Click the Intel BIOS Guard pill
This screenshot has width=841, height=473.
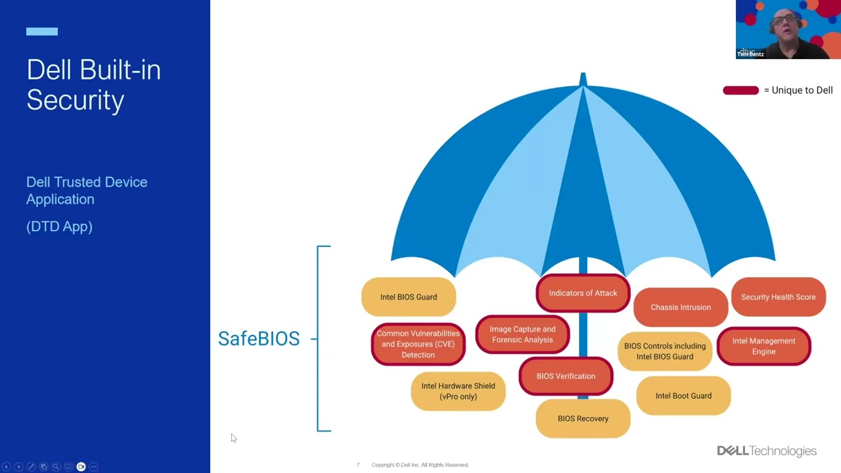(408, 297)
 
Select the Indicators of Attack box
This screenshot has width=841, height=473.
(583, 293)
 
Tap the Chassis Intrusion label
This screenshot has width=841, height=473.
(681, 307)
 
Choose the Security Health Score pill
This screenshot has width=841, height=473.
(778, 297)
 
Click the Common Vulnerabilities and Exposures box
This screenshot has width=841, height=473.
(418, 344)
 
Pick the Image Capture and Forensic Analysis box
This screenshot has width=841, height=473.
(522, 334)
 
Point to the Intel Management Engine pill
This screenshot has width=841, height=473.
(763, 346)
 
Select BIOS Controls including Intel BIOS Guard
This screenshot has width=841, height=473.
(664, 351)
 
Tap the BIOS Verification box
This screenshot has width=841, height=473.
(566, 376)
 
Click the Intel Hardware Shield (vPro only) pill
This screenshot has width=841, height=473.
(458, 392)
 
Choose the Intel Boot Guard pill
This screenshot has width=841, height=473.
(683, 395)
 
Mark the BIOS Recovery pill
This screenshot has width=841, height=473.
(583, 418)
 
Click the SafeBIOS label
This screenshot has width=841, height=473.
(259, 338)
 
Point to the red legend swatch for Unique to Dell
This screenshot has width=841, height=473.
(740, 91)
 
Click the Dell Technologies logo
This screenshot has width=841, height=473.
(766, 451)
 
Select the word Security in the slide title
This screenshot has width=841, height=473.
(76, 101)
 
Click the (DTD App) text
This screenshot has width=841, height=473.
(59, 227)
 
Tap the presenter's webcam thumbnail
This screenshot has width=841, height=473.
(788, 30)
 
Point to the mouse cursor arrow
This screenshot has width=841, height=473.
(233, 437)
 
